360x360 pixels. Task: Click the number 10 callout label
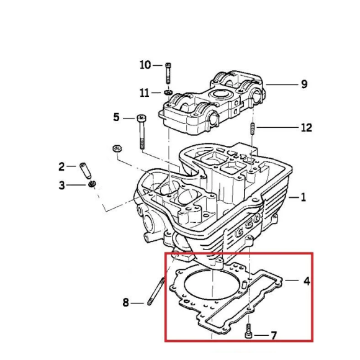(145, 65)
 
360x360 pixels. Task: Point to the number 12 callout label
(306, 128)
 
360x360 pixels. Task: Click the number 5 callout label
(115, 117)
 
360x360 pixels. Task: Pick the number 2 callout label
(61, 166)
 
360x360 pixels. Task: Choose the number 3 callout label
(61, 185)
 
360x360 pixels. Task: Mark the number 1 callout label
(303, 198)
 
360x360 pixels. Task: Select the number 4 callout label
(306, 281)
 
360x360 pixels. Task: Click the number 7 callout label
(274, 335)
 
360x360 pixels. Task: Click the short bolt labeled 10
(168, 73)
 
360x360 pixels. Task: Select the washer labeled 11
(168, 93)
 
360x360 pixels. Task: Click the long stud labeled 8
(158, 293)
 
